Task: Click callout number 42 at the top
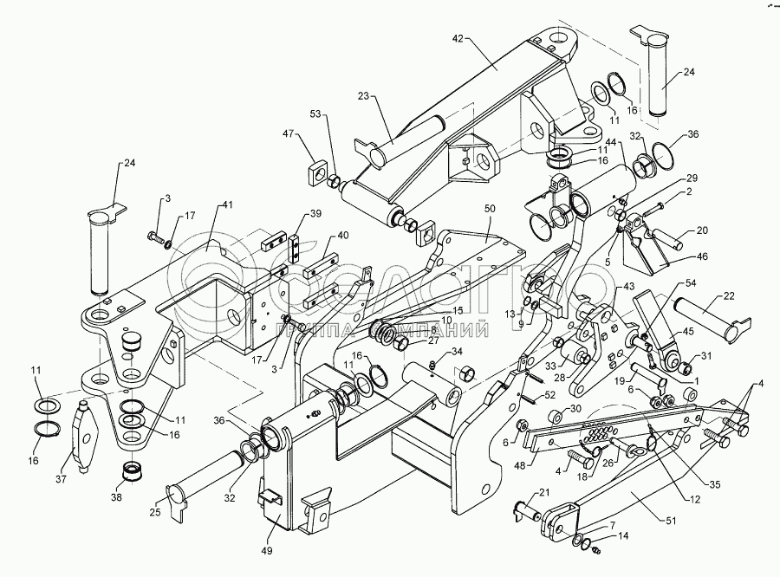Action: (459, 39)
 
